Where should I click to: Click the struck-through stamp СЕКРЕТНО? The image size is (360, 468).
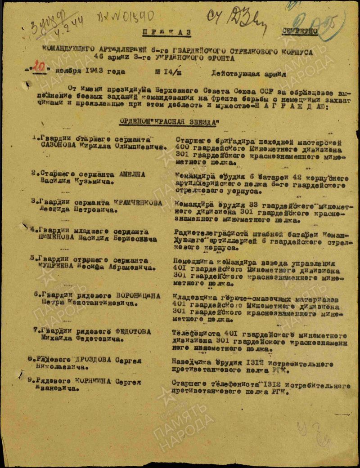[300, 31]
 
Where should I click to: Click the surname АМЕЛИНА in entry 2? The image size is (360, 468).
[131, 175]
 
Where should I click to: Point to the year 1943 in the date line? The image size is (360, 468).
[96, 71]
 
